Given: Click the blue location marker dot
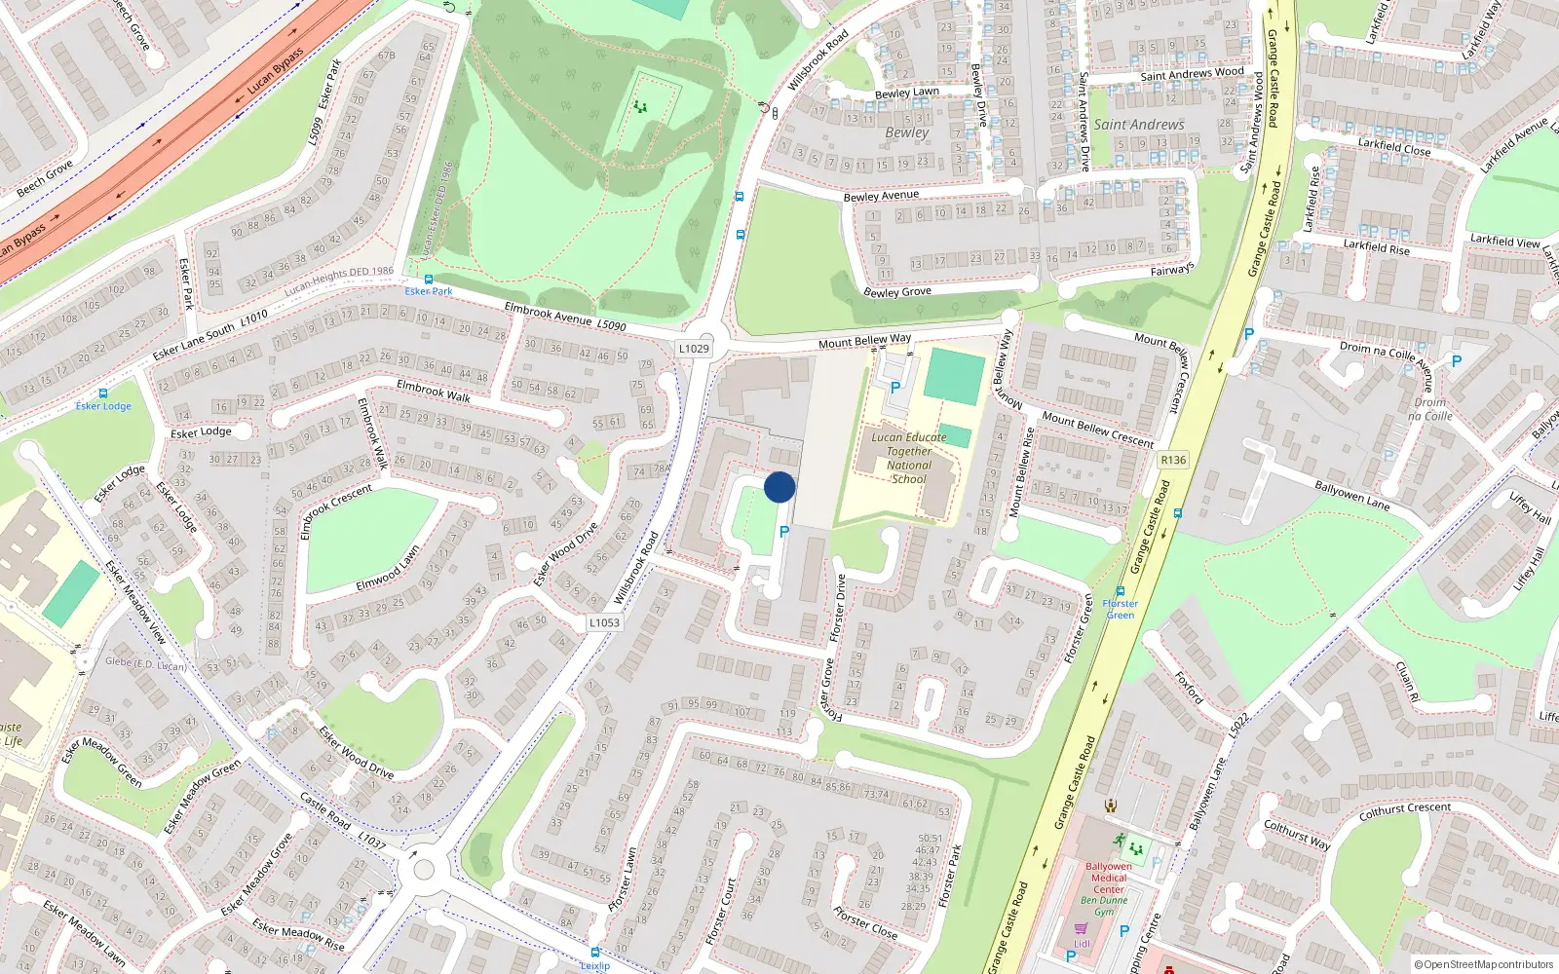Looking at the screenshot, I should click(779, 487).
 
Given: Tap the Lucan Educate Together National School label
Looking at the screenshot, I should click(908, 458).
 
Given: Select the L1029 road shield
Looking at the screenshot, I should click(694, 348).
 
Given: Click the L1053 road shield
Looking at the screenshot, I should click(604, 622).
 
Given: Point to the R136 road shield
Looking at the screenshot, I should click(1173, 460).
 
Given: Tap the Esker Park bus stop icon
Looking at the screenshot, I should click(428, 279).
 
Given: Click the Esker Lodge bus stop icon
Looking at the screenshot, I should click(102, 393).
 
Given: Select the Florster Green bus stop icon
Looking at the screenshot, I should click(1121, 591).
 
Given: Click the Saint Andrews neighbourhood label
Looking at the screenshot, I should click(1138, 125).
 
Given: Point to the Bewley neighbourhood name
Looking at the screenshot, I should click(907, 132).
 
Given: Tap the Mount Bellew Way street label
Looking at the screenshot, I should click(864, 340).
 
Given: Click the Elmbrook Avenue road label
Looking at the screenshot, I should click(549, 314).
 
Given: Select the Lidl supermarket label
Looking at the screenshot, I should click(1082, 944).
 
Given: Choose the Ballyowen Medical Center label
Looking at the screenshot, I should click(1109, 878).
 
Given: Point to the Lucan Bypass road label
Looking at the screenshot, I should click(276, 71).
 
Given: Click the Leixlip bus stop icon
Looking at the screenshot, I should click(594, 952).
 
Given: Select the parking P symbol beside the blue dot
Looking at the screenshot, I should click(784, 532).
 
